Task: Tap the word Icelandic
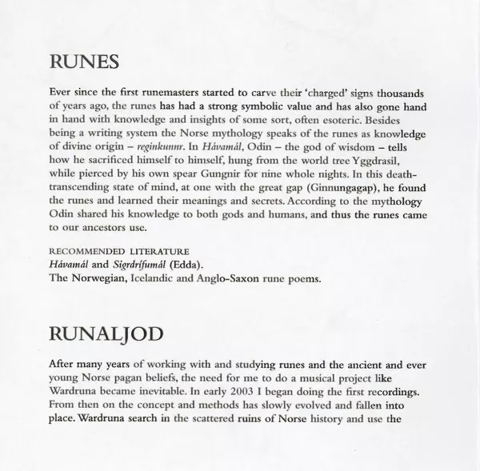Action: [162, 280]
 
